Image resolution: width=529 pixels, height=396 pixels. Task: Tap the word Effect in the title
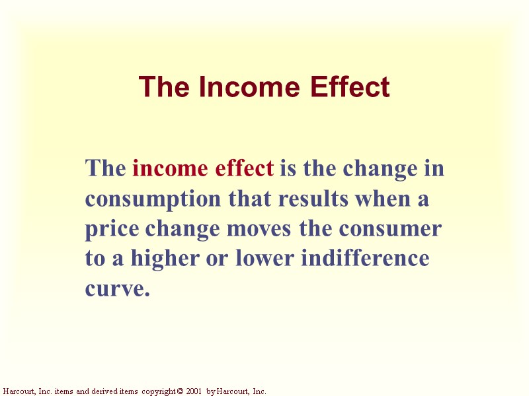350,87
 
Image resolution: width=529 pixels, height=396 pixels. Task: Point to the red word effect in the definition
245,169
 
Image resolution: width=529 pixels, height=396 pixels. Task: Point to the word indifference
365,259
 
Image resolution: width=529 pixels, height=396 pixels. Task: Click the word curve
114,289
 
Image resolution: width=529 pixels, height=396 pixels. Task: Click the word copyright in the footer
157,391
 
